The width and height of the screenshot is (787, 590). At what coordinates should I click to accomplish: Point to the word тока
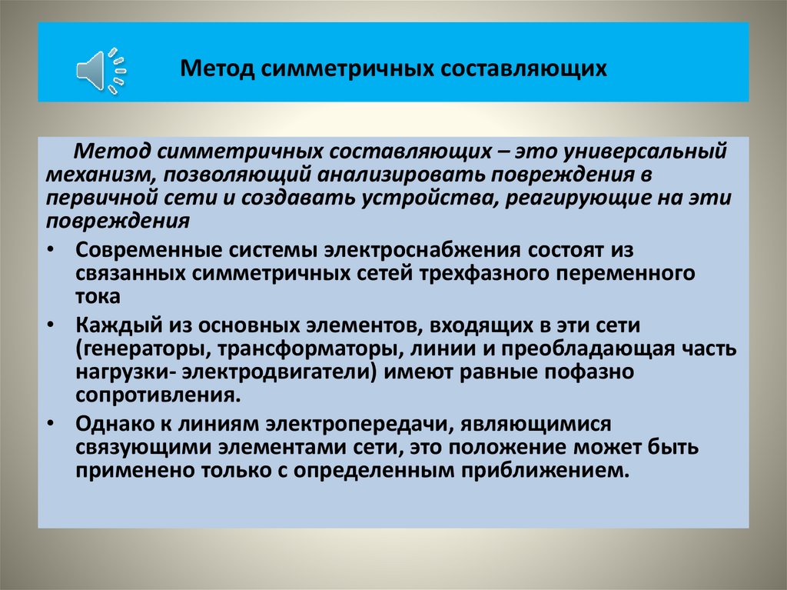click(x=98, y=297)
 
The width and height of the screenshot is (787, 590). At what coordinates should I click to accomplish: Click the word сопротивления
click(x=153, y=397)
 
